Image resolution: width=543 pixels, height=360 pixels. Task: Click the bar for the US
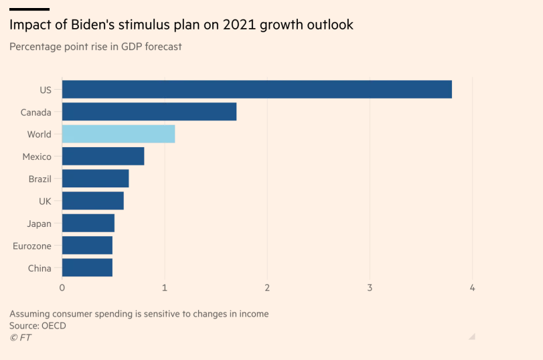tap(256, 89)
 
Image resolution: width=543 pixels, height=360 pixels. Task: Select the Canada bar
tap(149, 112)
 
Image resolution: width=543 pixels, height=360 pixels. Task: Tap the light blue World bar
tap(118, 134)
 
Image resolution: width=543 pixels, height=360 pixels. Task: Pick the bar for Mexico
tap(102, 157)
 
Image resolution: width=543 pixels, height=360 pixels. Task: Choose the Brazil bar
tap(95, 179)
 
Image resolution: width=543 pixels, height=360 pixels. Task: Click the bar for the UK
tap(92, 201)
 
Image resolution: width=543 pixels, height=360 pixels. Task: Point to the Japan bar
tap(88, 223)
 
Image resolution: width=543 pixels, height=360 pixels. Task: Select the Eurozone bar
tap(87, 246)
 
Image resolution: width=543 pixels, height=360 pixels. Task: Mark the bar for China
tap(87, 268)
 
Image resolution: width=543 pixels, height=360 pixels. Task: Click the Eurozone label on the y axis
tap(31, 246)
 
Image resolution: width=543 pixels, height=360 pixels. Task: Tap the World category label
tap(39, 134)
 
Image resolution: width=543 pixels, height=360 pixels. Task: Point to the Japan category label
tap(39, 223)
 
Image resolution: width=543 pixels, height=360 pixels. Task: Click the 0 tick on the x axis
tap(62, 288)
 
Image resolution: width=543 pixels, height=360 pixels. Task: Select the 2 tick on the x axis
tap(267, 288)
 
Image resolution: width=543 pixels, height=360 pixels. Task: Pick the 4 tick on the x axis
tap(473, 288)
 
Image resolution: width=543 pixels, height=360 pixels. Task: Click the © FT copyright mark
tap(20, 337)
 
